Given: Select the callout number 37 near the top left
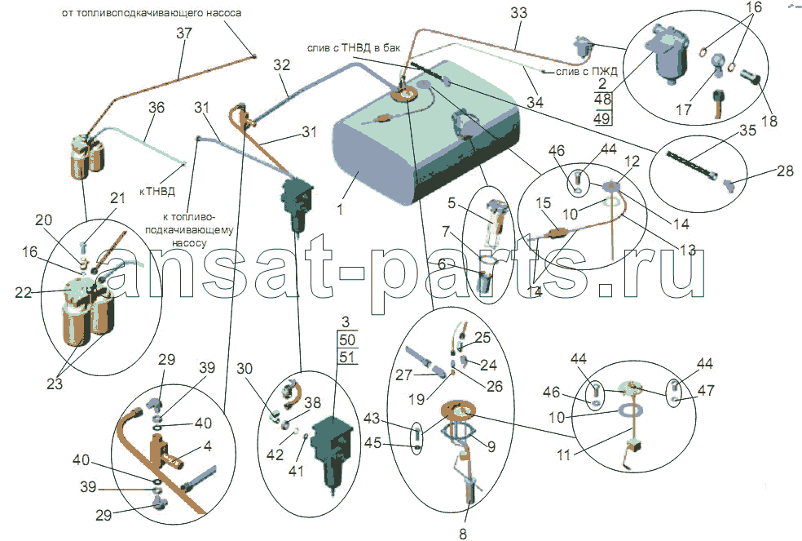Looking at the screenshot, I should tap(183, 33).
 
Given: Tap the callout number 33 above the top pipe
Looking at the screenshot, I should tap(518, 14).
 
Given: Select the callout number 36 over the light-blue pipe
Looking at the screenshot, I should tap(156, 108).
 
